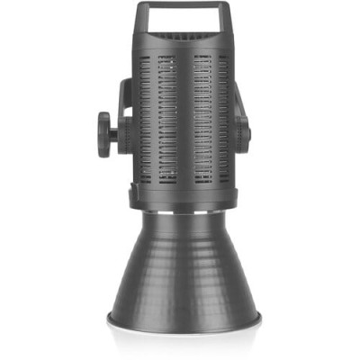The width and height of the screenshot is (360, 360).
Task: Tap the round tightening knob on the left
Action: [x=106, y=133]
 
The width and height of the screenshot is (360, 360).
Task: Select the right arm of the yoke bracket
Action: [x=239, y=112]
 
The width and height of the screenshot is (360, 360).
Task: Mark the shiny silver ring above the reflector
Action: [x=183, y=213]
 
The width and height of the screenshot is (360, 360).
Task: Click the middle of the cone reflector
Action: [x=183, y=265]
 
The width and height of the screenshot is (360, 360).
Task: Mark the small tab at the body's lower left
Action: [x=133, y=191]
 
